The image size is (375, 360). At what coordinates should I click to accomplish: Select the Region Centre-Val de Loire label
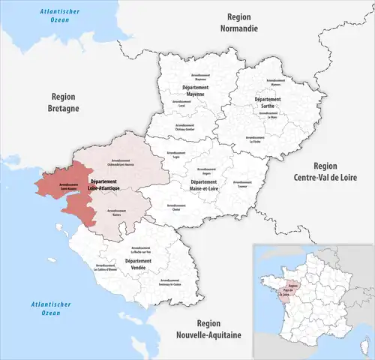click(330, 172)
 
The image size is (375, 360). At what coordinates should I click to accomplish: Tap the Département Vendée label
click(139, 264)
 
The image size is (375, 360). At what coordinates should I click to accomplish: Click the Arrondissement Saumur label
click(242, 182)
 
